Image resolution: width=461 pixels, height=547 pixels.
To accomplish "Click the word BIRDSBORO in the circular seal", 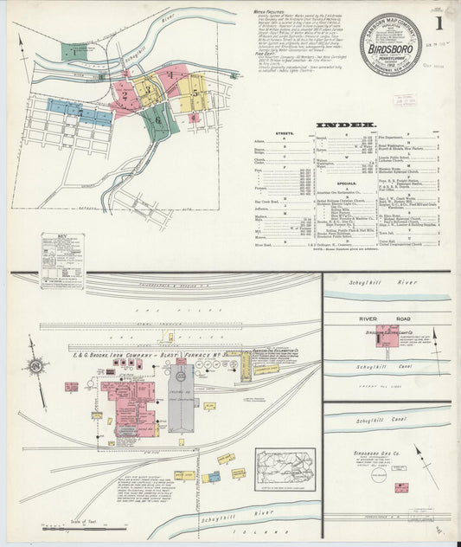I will [x=390, y=48].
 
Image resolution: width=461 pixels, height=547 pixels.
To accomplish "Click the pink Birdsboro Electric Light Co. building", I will [x=387, y=338].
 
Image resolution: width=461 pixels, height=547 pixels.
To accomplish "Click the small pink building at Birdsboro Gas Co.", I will [x=401, y=488].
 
